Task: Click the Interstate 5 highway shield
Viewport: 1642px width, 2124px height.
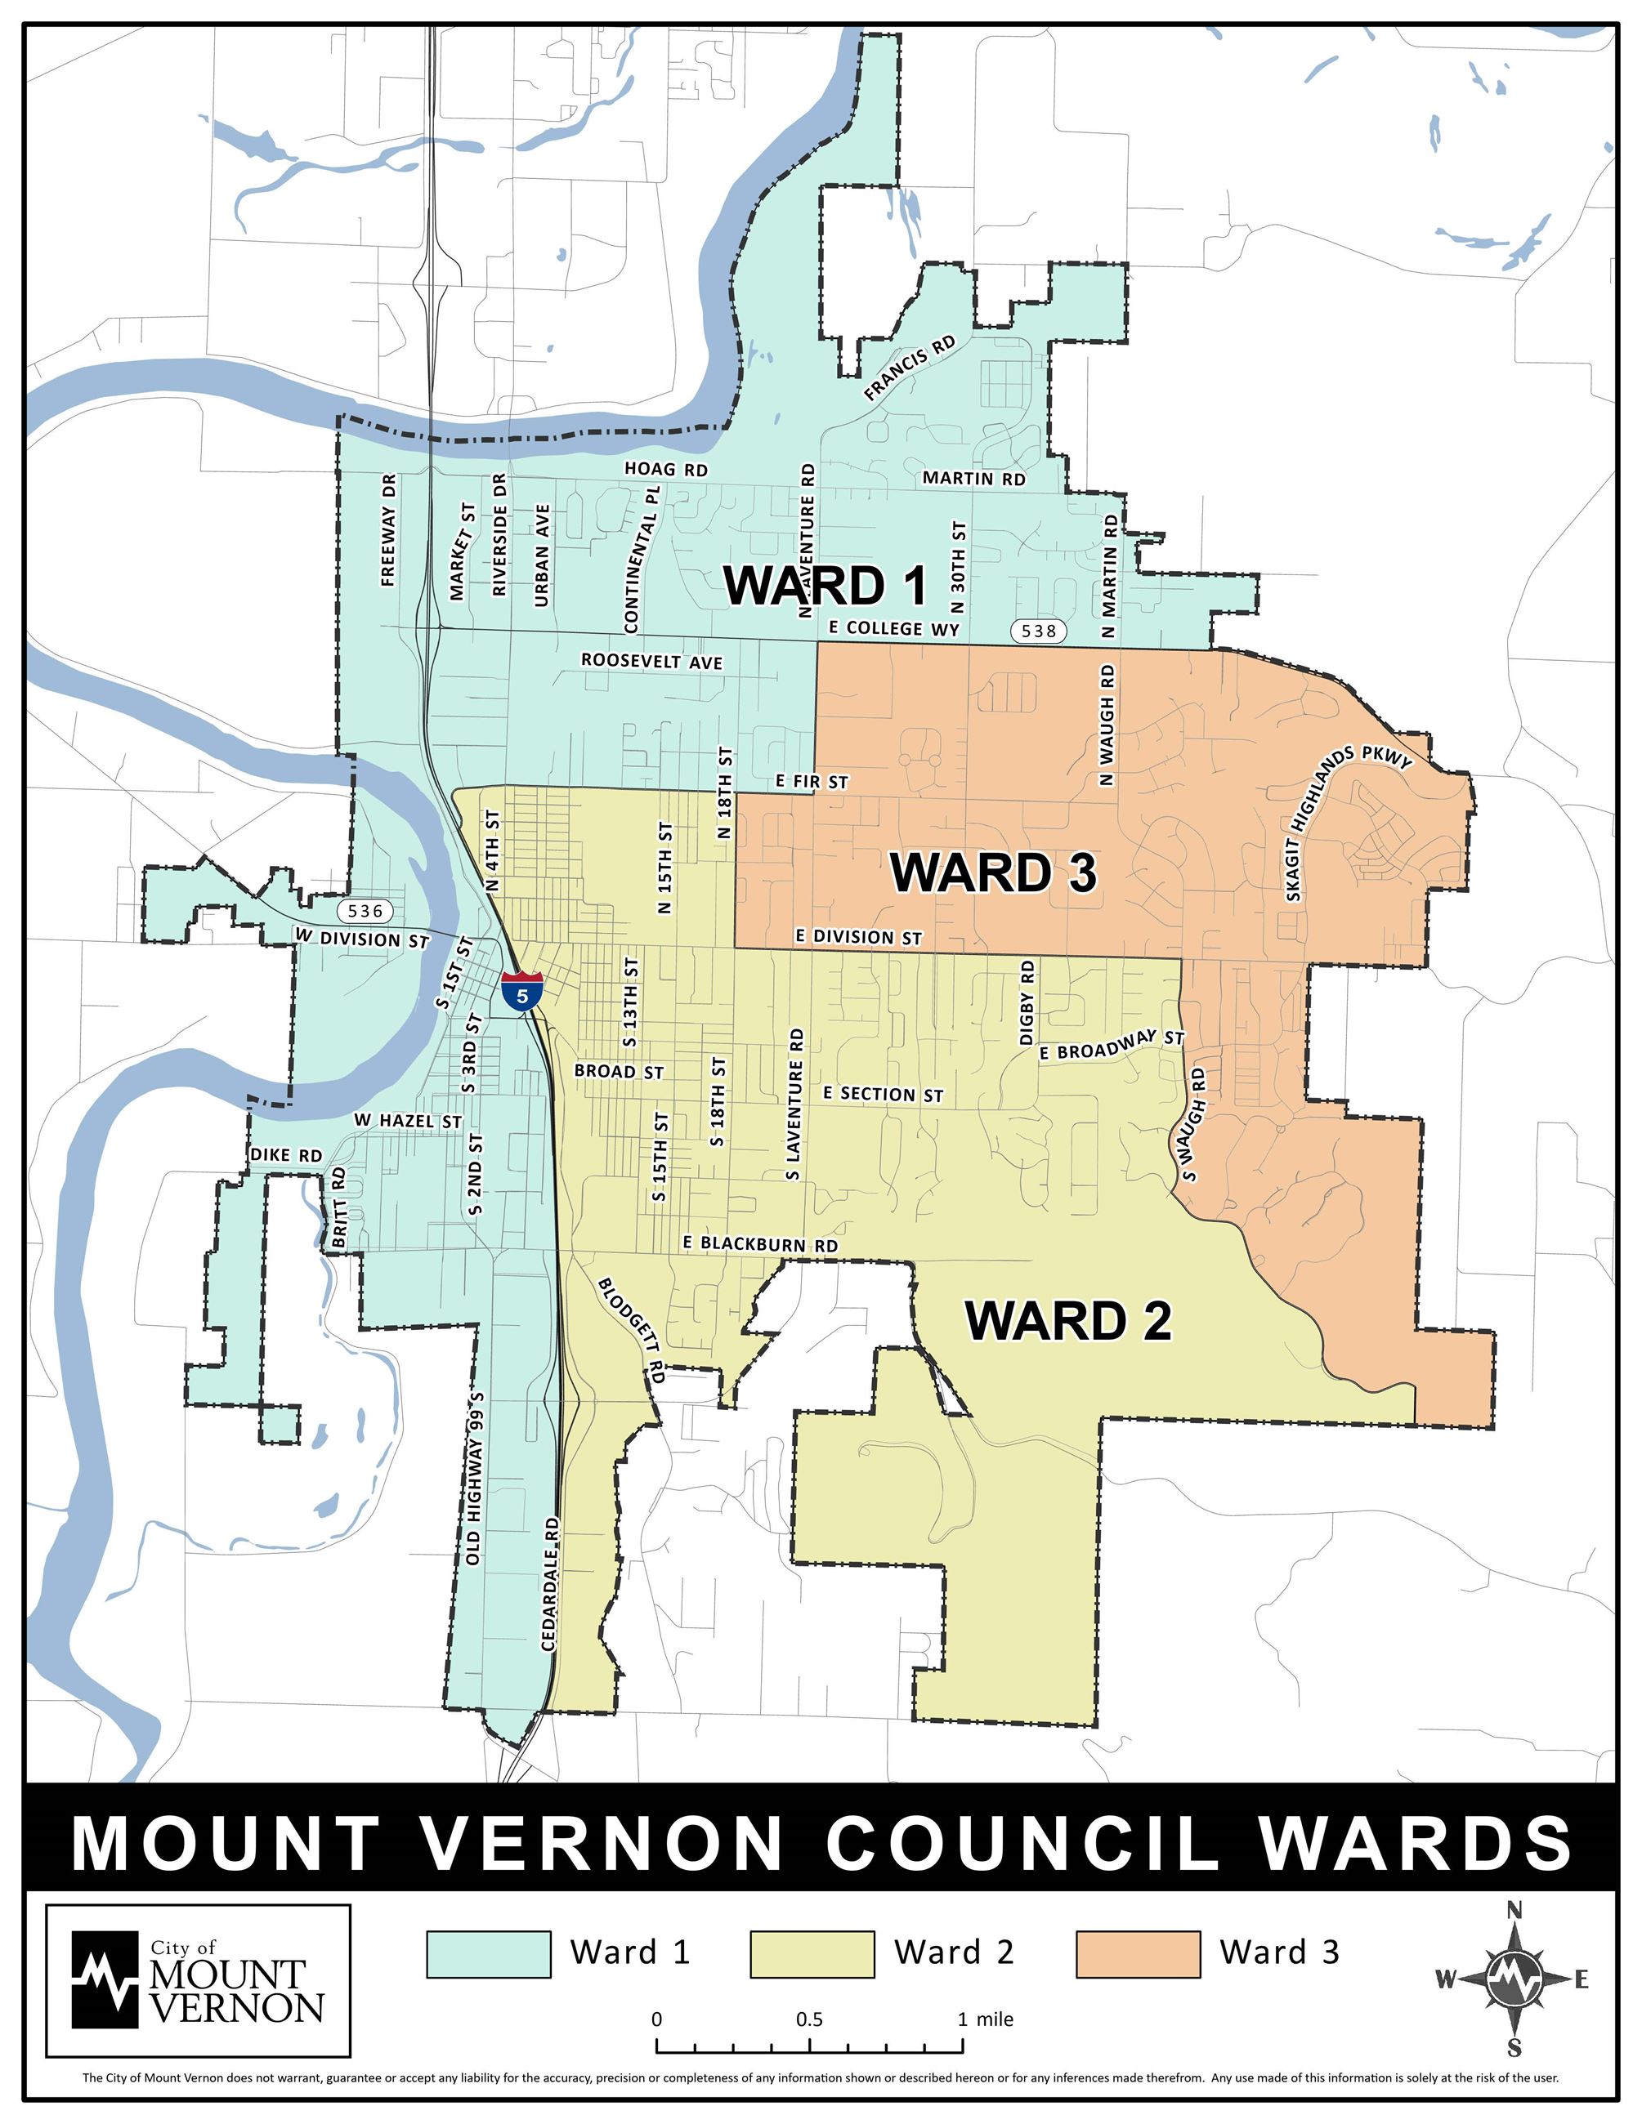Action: (x=522, y=990)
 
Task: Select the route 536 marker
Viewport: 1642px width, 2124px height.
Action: (x=365, y=911)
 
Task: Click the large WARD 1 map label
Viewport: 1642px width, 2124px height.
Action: (x=825, y=586)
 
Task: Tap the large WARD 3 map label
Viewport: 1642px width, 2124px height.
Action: (x=993, y=872)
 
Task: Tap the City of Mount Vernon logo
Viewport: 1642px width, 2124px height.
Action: (x=199, y=1979)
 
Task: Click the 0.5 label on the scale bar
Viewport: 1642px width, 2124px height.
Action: (x=809, y=2019)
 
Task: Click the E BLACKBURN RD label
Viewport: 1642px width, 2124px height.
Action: (x=760, y=1244)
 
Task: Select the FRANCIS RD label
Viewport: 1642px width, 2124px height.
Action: (x=910, y=368)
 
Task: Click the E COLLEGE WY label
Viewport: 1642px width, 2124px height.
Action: (x=893, y=628)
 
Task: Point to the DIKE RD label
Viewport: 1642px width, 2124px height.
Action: (x=286, y=1155)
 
